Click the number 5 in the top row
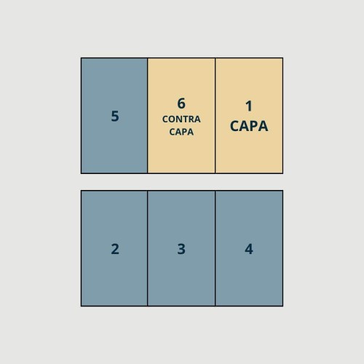coord(115,116)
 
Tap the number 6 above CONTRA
coord(181,103)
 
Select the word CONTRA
coord(181,119)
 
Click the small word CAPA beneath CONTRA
coord(181,132)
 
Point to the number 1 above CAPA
coord(249,106)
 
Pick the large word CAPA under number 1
coord(249,126)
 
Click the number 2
coord(115,249)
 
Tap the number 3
coord(181,249)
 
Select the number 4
coord(249,249)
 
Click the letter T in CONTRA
coord(183,119)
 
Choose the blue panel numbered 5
coord(114,116)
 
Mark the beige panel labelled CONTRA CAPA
coord(181,116)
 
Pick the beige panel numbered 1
coord(249,116)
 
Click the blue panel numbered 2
coord(114,248)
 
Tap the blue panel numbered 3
coord(181,248)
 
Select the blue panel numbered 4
coord(249,248)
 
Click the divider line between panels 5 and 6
coord(147,116)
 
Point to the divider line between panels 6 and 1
coord(215,116)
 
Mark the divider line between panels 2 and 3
coord(147,248)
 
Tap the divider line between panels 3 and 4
coord(215,248)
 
